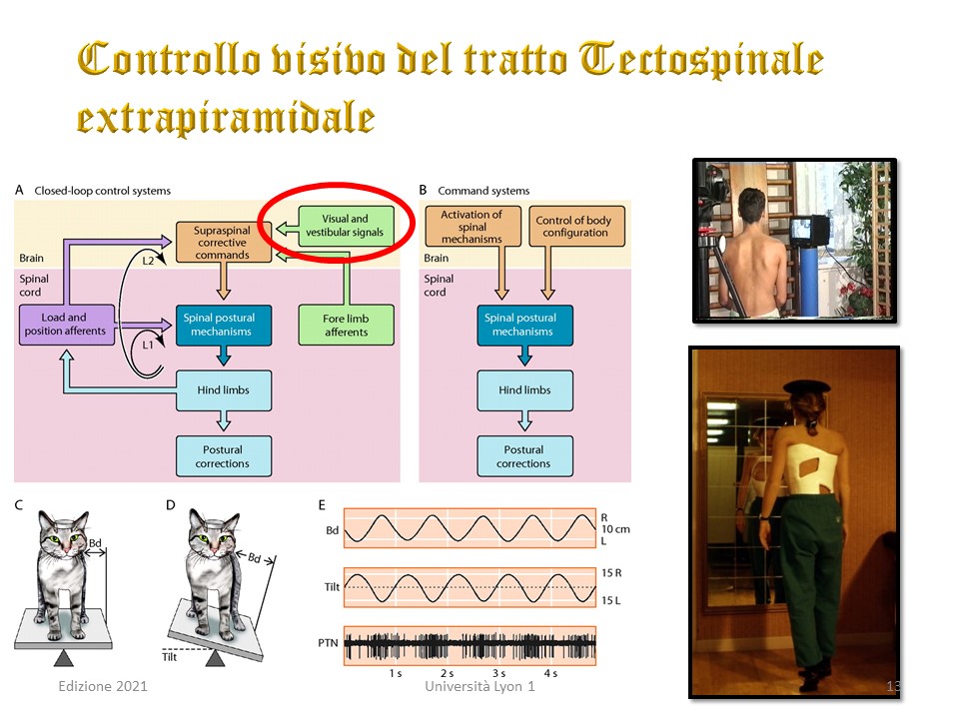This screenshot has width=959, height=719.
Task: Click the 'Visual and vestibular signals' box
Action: [346, 226]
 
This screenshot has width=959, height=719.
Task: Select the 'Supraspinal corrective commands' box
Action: [223, 242]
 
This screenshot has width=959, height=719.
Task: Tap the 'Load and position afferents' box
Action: [67, 325]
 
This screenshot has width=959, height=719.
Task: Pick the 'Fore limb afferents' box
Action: [347, 326]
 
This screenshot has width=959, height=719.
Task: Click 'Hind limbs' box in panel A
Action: [224, 390]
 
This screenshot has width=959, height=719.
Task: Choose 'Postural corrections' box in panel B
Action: [524, 456]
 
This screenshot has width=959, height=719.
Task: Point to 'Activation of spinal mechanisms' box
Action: [473, 227]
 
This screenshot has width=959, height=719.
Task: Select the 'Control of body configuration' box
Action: [576, 227]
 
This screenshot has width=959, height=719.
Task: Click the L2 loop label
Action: [148, 261]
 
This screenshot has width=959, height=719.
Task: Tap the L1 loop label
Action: [148, 345]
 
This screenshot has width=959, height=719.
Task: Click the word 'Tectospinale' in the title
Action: [701, 61]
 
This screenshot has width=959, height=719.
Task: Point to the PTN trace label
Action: [328, 642]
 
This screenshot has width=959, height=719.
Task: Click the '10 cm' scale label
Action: [615, 529]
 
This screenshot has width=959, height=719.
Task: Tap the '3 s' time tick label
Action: [499, 673]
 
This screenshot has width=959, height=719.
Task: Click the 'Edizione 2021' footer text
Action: [103, 686]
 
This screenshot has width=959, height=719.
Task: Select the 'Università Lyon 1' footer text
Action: [479, 686]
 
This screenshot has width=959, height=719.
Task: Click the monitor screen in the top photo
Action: [802, 231]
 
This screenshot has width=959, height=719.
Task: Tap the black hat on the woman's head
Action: [807, 386]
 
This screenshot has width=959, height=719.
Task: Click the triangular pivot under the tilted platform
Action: [216, 658]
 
